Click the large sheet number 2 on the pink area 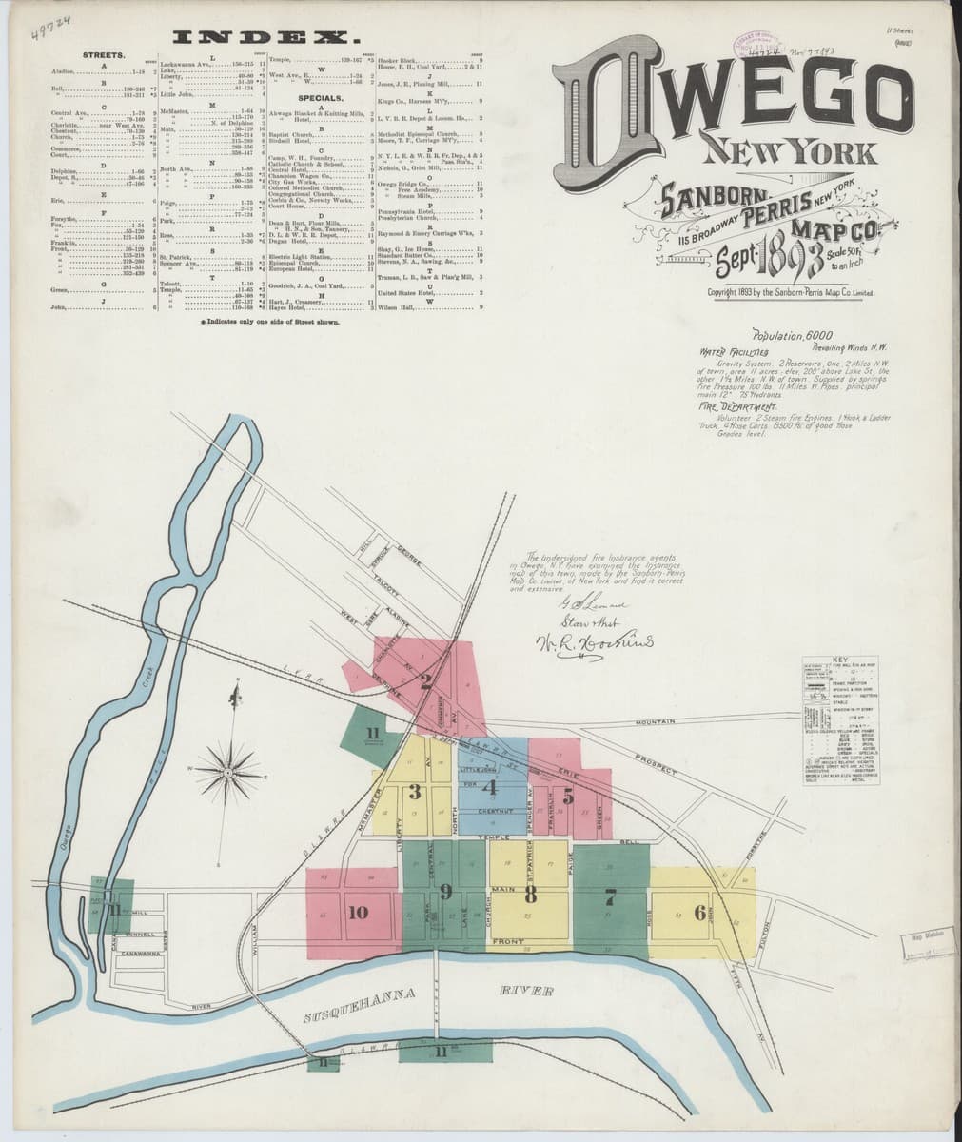pos(426,680)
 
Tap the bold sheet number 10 pos(358,913)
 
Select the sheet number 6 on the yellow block pos(700,913)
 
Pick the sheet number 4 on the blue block pos(489,787)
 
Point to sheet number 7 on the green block pos(611,896)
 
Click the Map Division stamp pos(919,936)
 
